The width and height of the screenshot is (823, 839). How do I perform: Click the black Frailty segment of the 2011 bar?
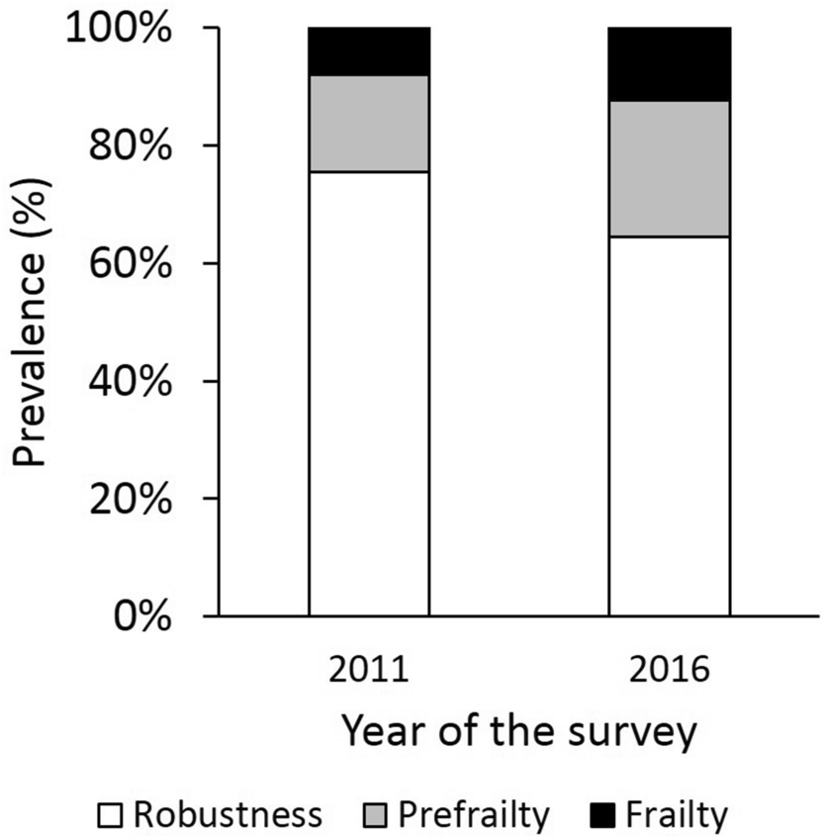pyautogui.click(x=369, y=51)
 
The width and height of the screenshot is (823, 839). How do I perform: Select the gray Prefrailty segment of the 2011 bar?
pyautogui.click(x=369, y=124)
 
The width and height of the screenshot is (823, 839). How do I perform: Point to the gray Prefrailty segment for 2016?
pyautogui.click(x=669, y=169)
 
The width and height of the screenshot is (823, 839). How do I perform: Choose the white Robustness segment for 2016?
pyautogui.click(x=669, y=425)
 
